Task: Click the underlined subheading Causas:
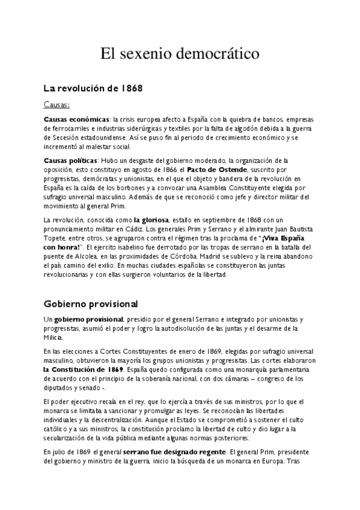[57, 104]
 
